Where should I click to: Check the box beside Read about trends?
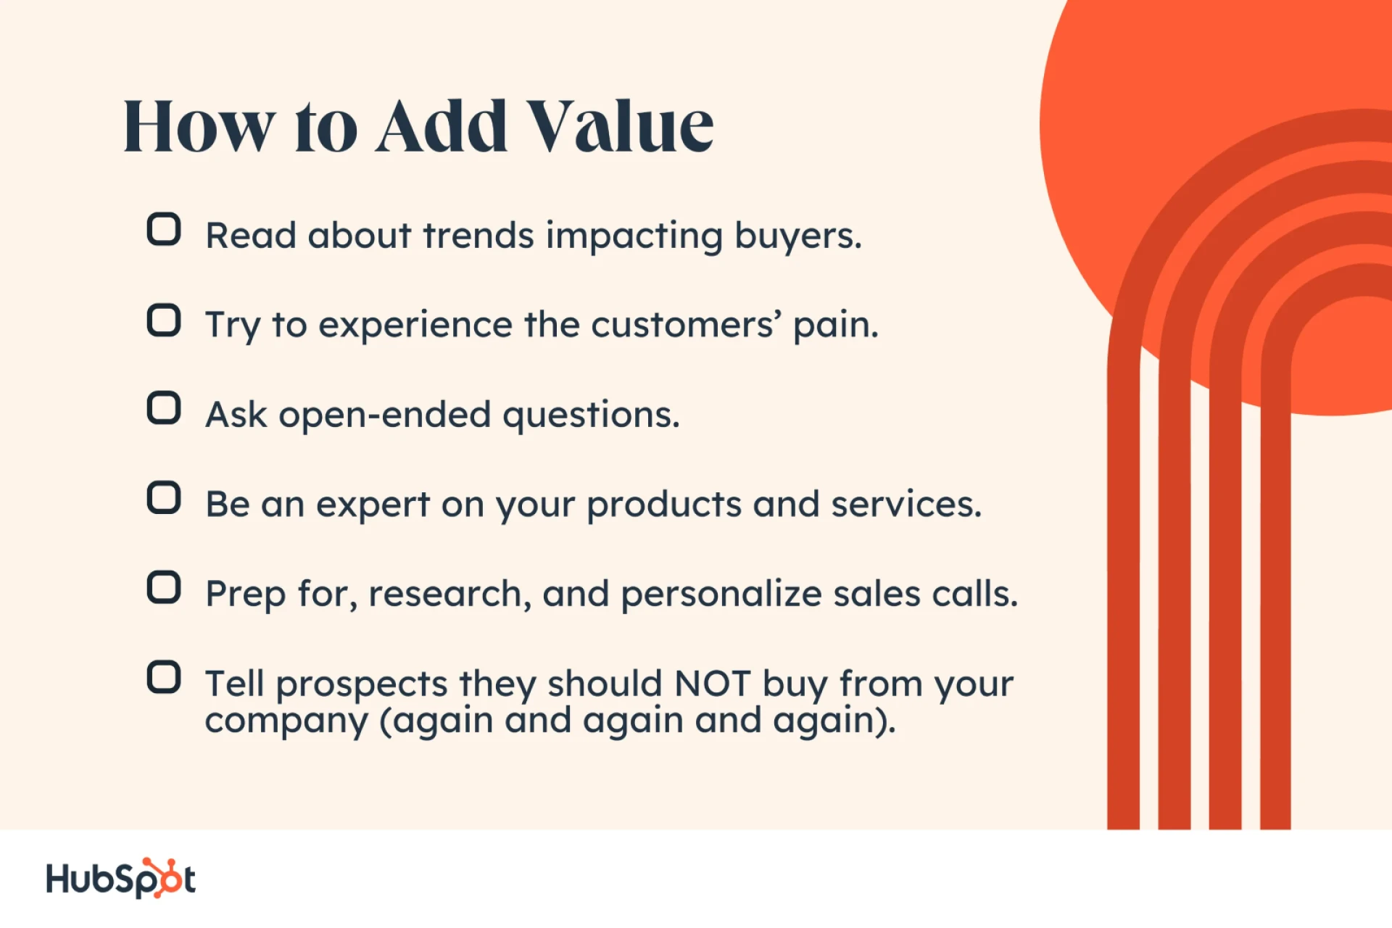tap(164, 230)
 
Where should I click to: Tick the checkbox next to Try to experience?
tap(164, 320)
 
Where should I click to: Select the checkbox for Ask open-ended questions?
tap(164, 408)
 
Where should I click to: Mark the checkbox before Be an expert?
tap(164, 498)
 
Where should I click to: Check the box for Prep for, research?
tap(164, 587)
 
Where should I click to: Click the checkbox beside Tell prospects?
tap(164, 677)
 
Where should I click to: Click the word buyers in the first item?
tap(797, 236)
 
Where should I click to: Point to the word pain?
tap(835, 326)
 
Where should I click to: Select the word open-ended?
tap(385, 415)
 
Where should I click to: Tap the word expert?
tap(373, 505)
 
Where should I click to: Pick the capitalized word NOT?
tap(712, 684)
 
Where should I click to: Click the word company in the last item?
tap(287, 722)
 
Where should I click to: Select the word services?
tap(906, 505)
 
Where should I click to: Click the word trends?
tap(478, 236)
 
